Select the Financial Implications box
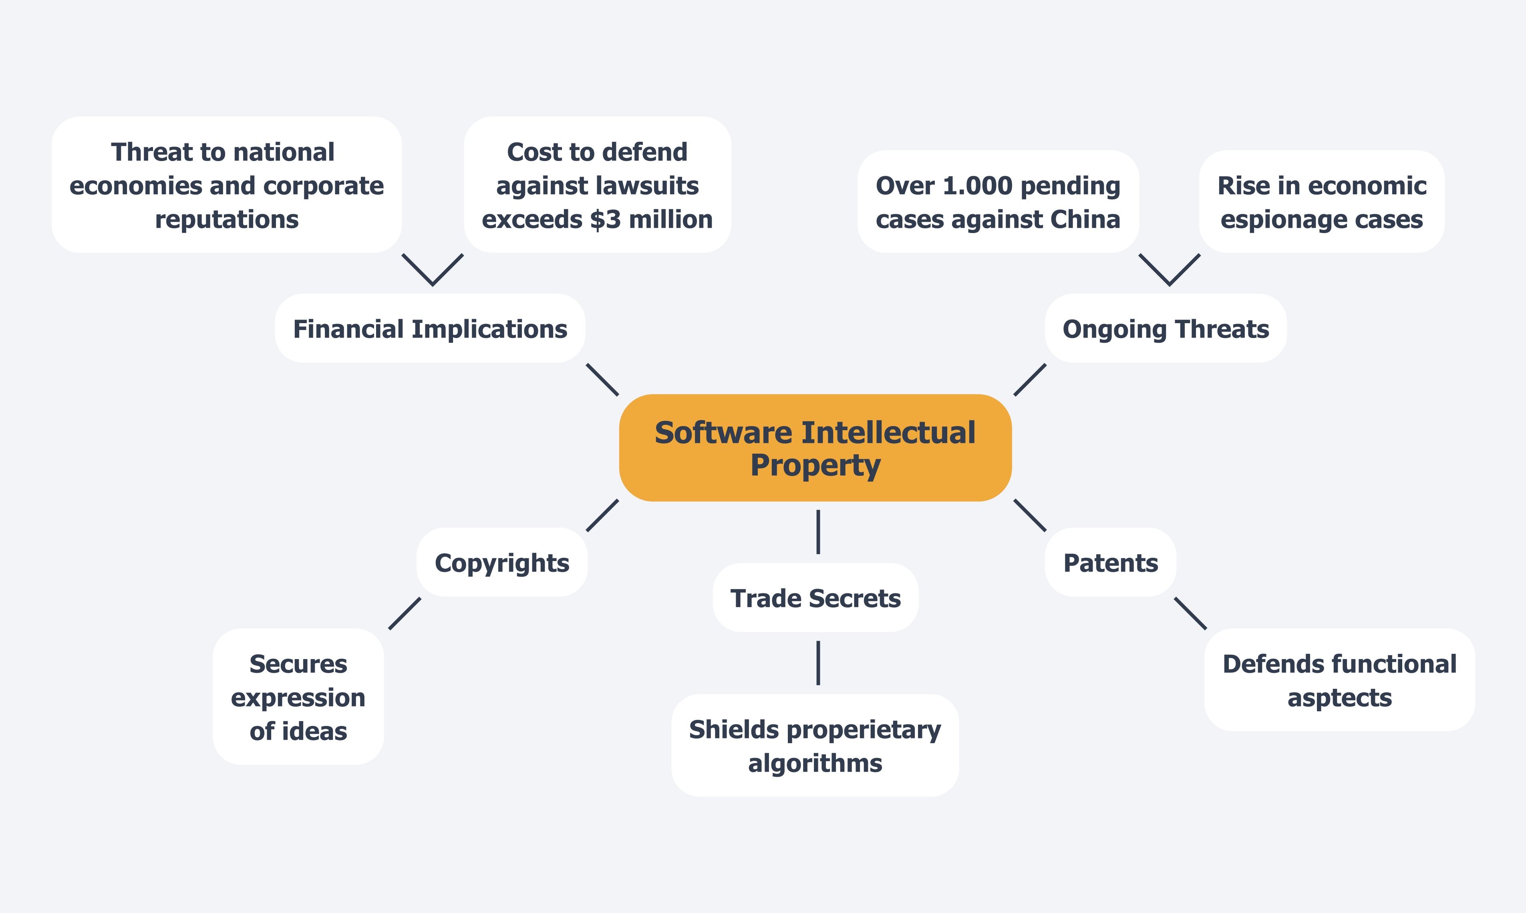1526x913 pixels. (429, 328)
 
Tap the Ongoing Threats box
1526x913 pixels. (1166, 328)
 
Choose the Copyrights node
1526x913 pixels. (501, 562)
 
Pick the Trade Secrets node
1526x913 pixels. (815, 598)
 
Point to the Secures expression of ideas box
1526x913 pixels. (298, 697)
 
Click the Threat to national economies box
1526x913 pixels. (226, 185)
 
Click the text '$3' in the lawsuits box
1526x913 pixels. (605, 219)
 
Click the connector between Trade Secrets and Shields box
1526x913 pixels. (818, 663)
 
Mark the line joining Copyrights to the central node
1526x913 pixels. (602, 515)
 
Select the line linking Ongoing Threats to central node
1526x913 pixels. (1030, 380)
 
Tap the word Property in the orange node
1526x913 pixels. (815, 466)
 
